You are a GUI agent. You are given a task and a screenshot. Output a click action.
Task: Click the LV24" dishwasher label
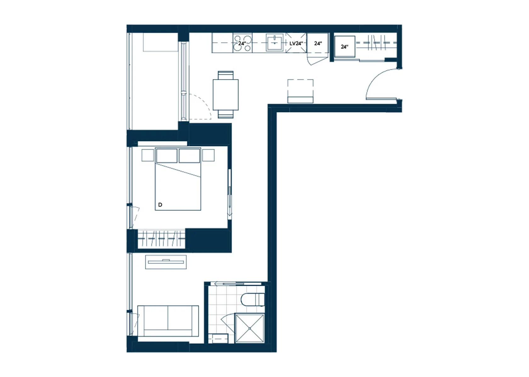(x=296, y=43)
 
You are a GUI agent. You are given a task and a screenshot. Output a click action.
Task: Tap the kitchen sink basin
(x=275, y=43)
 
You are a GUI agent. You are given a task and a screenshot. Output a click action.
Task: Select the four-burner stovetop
(x=242, y=43)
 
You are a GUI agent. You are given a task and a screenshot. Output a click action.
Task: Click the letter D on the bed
(x=160, y=205)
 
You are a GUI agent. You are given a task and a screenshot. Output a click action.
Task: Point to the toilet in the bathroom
(x=253, y=300)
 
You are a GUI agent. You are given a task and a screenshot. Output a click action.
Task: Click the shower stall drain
(x=250, y=328)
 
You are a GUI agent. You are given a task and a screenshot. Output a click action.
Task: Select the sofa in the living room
(x=168, y=321)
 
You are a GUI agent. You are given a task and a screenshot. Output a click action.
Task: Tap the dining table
(x=225, y=95)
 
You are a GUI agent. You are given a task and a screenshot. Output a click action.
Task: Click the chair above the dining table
(x=225, y=75)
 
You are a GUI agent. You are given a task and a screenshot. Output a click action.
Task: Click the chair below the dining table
(x=225, y=114)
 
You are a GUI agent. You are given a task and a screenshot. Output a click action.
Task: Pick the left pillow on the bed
(x=167, y=156)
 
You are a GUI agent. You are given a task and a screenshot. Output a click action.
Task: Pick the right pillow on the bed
(x=190, y=156)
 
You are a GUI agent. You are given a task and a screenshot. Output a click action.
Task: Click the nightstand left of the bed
(x=148, y=155)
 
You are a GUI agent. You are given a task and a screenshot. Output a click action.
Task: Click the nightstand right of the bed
(x=208, y=155)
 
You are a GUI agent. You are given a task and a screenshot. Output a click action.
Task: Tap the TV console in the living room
(x=166, y=262)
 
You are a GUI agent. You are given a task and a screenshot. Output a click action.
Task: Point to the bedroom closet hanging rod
(x=161, y=239)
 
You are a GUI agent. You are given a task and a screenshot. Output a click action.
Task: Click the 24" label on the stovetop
(x=242, y=43)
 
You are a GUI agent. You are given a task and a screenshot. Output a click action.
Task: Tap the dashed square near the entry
(x=300, y=91)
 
